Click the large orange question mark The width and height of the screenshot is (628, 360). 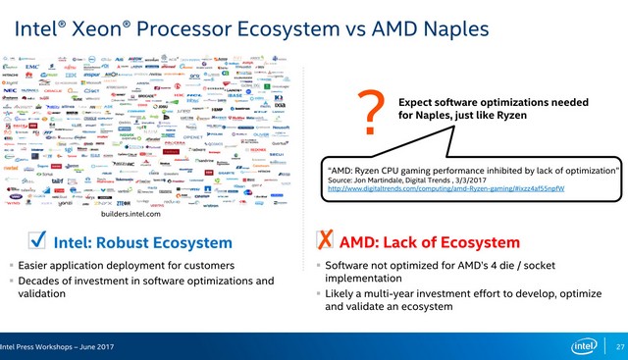click(371, 114)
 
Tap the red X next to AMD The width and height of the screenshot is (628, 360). click(323, 241)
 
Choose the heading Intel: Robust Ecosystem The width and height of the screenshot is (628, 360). click(142, 242)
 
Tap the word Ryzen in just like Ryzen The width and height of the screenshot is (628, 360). click(510, 116)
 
